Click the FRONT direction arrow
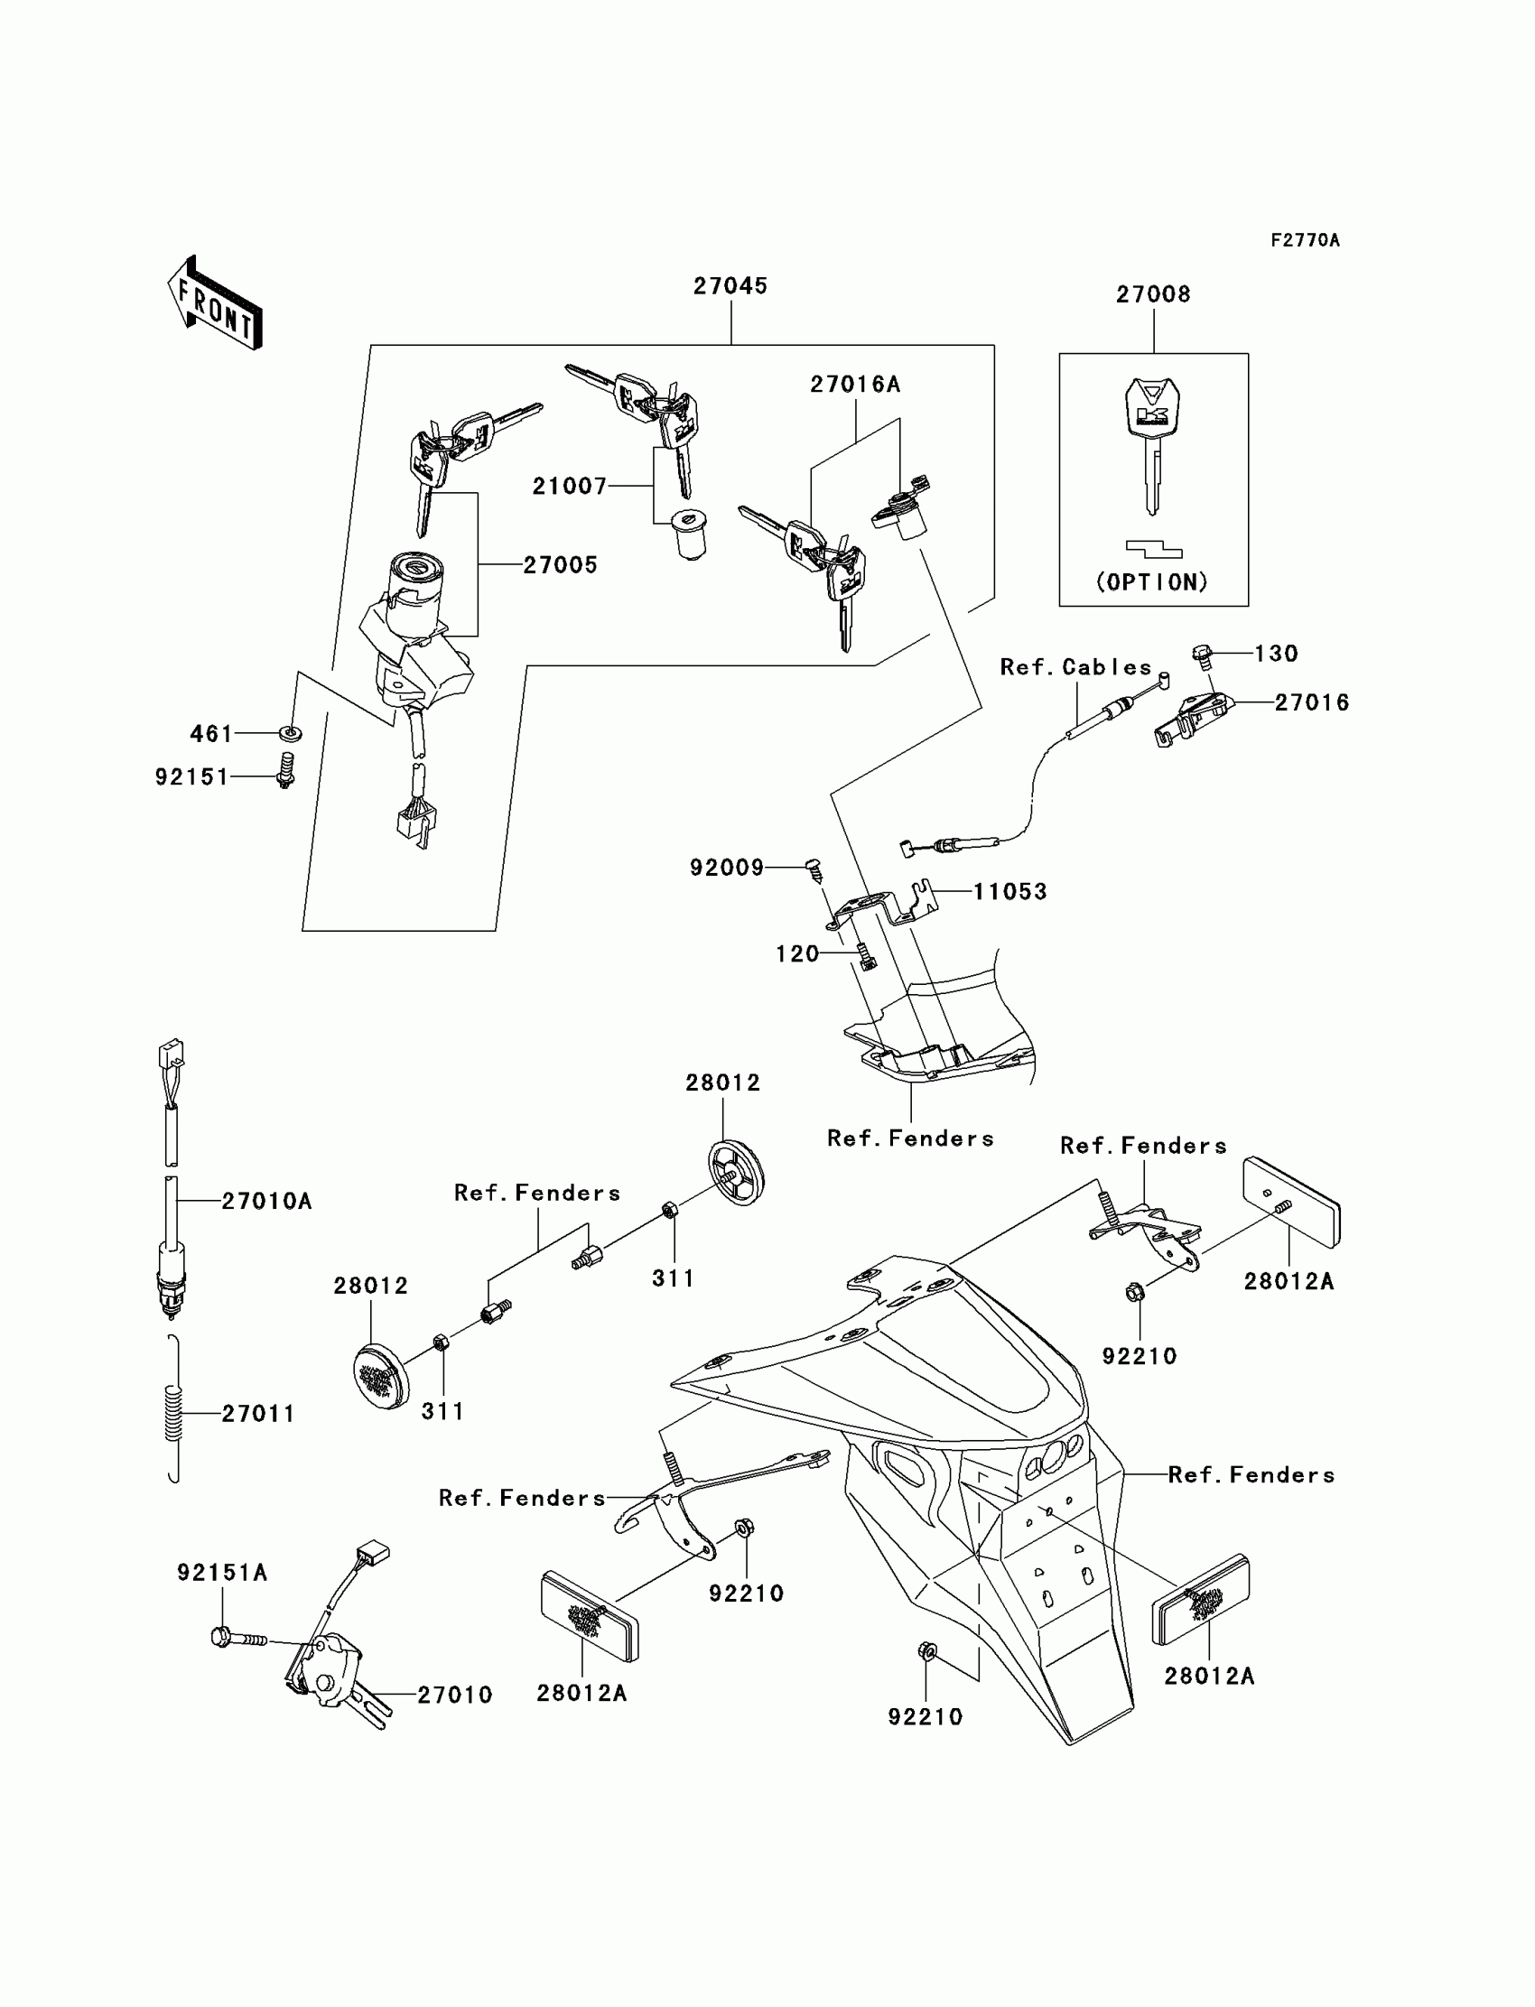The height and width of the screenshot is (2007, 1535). tap(215, 303)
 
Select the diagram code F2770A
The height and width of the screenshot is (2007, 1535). tap(1305, 240)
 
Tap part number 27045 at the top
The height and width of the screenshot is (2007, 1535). tap(730, 286)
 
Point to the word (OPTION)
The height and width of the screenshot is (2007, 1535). tap(1152, 582)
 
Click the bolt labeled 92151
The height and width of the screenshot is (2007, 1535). tap(286, 770)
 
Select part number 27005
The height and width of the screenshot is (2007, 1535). tap(560, 565)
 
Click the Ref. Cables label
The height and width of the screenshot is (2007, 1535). tap(1076, 668)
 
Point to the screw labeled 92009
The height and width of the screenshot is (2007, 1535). tap(815, 869)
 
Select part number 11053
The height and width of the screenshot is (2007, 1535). tap(1009, 892)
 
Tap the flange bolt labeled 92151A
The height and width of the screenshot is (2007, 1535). tap(239, 1637)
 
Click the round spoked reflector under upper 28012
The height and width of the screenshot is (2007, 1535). tap(737, 1172)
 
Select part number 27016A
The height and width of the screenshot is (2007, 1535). tap(855, 385)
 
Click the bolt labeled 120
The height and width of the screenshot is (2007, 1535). tap(865, 956)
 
